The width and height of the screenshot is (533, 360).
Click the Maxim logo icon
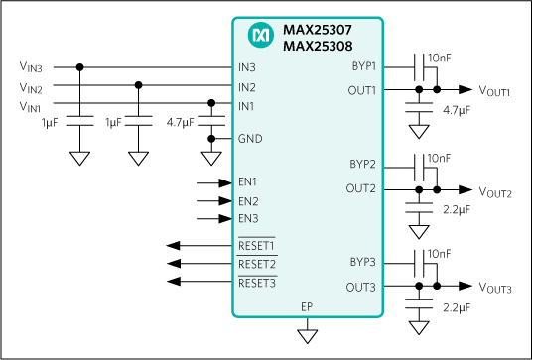(x=261, y=36)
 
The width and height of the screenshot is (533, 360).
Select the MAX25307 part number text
(x=318, y=30)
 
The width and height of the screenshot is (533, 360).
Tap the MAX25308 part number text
(x=318, y=46)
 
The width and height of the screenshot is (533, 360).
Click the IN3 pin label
(x=247, y=67)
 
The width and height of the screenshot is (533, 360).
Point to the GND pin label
(x=250, y=139)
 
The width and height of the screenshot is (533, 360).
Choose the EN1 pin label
(x=248, y=181)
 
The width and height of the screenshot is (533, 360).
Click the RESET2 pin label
(x=256, y=265)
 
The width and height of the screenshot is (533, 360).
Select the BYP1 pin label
(x=363, y=66)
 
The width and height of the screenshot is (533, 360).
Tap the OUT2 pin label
(x=361, y=188)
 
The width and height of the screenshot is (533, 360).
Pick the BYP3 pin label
(x=362, y=262)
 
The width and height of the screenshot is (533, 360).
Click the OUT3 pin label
(x=361, y=288)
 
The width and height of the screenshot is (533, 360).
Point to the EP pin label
(x=308, y=307)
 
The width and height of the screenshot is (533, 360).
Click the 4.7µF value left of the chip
(x=181, y=123)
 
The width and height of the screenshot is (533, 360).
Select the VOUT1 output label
(x=494, y=91)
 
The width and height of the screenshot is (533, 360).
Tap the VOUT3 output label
(x=494, y=289)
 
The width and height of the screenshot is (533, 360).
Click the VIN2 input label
(x=31, y=88)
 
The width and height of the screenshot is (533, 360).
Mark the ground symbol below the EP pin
(x=308, y=337)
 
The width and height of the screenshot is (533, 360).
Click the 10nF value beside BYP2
(x=439, y=158)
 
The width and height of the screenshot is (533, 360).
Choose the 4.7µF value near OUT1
(x=457, y=109)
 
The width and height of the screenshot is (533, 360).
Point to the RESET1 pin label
(x=256, y=245)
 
